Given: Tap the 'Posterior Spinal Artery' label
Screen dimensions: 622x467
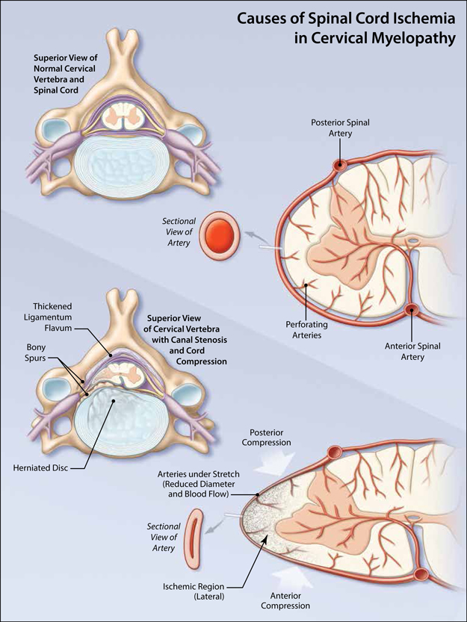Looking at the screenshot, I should point(341,128).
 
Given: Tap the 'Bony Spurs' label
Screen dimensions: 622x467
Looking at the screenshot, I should point(36,352).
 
